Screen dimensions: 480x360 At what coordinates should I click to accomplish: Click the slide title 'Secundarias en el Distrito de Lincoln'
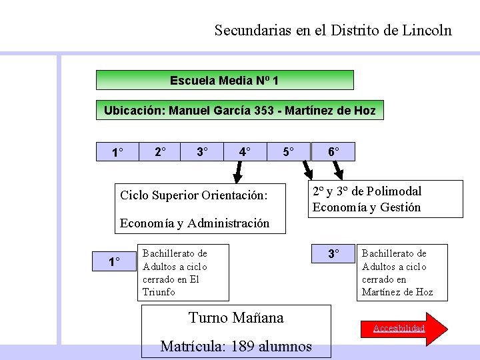pyautogui.click(x=333, y=30)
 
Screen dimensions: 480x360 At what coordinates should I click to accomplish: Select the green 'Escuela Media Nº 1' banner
pyautogui.click(x=225, y=81)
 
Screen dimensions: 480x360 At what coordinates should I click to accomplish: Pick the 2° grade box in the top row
pyautogui.click(x=161, y=152)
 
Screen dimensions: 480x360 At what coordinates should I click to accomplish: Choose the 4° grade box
pyautogui.click(x=245, y=152)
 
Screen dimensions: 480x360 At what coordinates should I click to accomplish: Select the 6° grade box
pyautogui.click(x=333, y=152)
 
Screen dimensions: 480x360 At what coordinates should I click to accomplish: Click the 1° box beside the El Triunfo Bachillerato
pyautogui.click(x=115, y=262)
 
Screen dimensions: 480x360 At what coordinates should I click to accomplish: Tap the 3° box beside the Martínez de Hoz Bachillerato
pyautogui.click(x=333, y=254)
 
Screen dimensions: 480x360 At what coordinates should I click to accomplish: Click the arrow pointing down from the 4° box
pyautogui.click(x=237, y=173)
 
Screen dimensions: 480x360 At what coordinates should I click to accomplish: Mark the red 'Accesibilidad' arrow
pyautogui.click(x=400, y=328)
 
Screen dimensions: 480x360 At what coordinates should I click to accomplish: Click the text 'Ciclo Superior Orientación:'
pyautogui.click(x=193, y=195)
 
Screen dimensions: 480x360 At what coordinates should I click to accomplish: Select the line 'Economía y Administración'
pyautogui.click(x=195, y=223)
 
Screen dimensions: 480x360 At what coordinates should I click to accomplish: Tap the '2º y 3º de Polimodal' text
pyautogui.click(x=367, y=191)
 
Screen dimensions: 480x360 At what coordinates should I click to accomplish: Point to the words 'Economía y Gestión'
pyautogui.click(x=367, y=207)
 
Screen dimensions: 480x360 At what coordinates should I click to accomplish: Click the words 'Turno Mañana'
pyautogui.click(x=236, y=318)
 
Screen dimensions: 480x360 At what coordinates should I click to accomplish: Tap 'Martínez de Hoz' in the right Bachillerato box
pyautogui.click(x=397, y=292)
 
